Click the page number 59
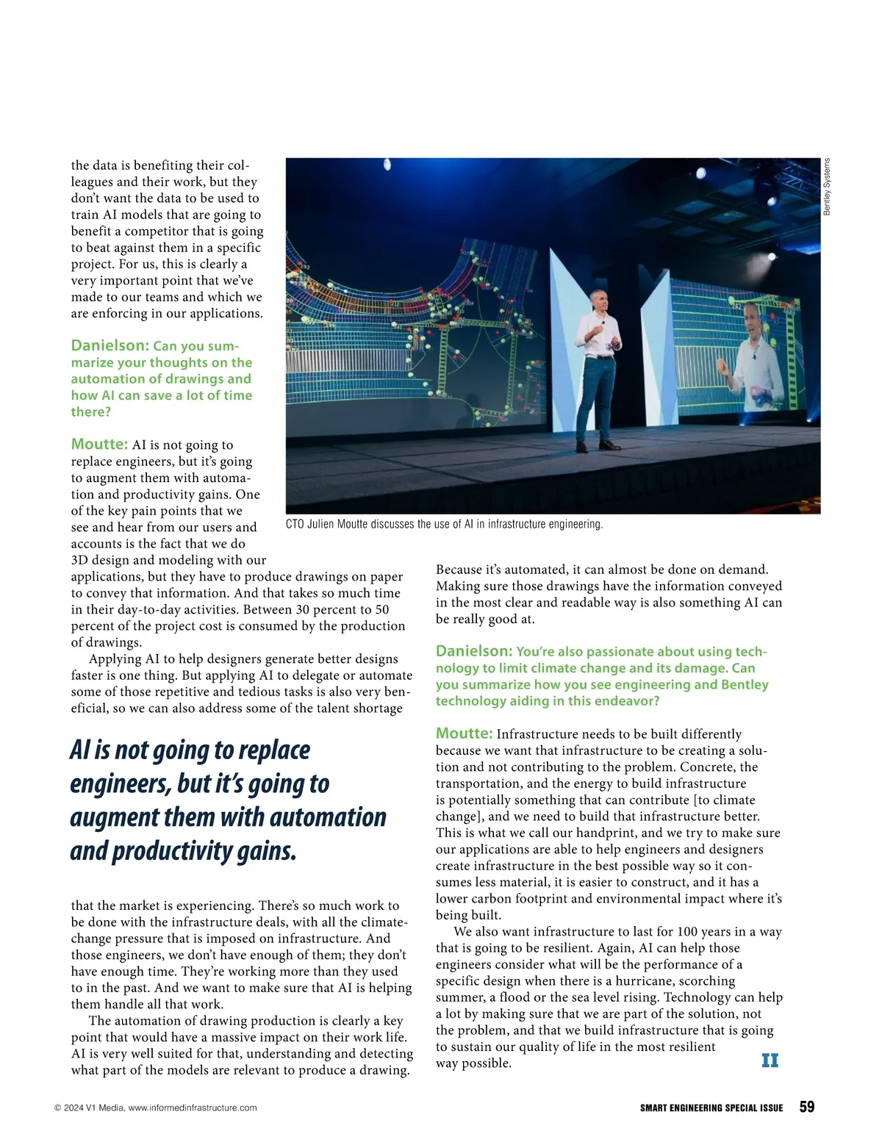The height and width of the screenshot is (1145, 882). click(x=806, y=1107)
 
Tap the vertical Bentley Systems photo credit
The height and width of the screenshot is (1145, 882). click(x=827, y=187)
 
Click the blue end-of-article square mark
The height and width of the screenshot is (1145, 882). click(x=770, y=1060)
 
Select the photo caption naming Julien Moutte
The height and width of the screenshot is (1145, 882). click(x=444, y=524)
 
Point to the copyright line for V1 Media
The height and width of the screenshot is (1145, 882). click(x=156, y=1108)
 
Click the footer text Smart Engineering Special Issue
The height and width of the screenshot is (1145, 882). click(x=711, y=1108)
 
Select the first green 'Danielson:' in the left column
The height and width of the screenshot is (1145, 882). click(x=110, y=345)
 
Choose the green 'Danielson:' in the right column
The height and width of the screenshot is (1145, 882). click(x=474, y=651)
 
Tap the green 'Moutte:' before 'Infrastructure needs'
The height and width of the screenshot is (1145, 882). click(x=464, y=733)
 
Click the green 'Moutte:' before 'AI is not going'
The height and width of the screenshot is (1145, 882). click(x=99, y=444)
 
